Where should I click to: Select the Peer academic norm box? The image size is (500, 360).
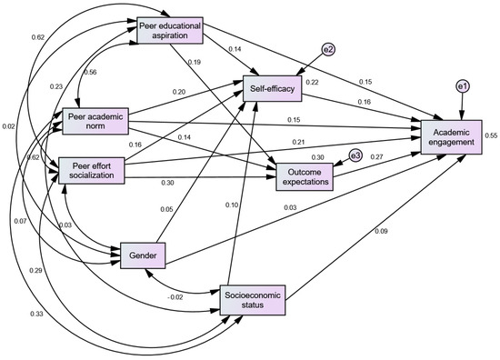point(95,122)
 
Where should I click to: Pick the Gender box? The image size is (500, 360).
point(142,256)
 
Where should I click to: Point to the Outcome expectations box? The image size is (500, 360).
point(305,175)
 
